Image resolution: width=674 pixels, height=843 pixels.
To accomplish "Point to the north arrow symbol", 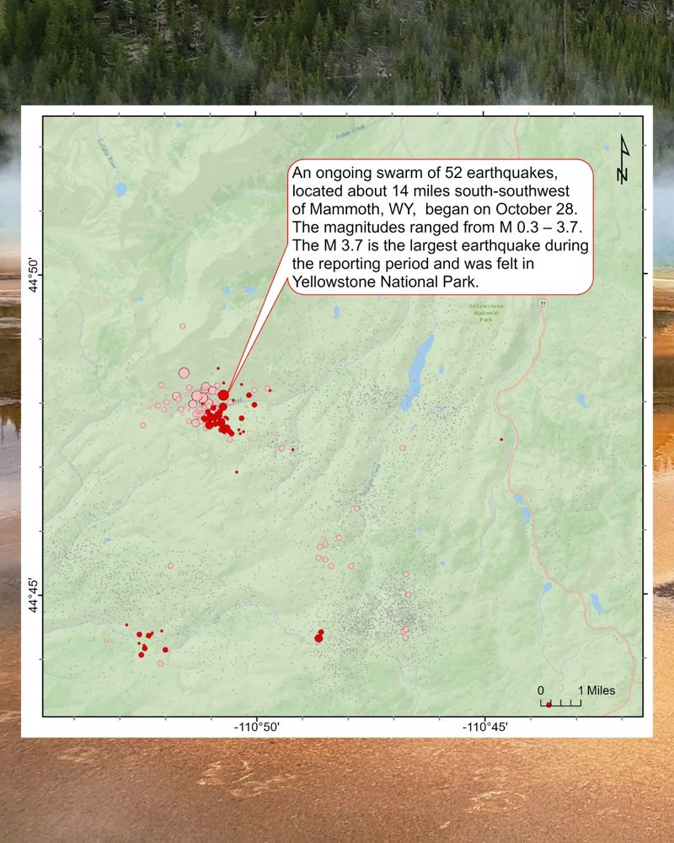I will click(623, 159).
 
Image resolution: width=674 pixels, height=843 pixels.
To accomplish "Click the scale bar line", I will click(560, 703).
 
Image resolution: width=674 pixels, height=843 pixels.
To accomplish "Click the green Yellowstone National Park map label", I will click(486, 313).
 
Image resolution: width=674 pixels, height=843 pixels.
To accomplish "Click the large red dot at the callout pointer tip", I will click(223, 395).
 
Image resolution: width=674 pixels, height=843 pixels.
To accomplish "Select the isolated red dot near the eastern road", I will click(501, 439).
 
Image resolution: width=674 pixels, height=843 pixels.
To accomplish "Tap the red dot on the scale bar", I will click(548, 705).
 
